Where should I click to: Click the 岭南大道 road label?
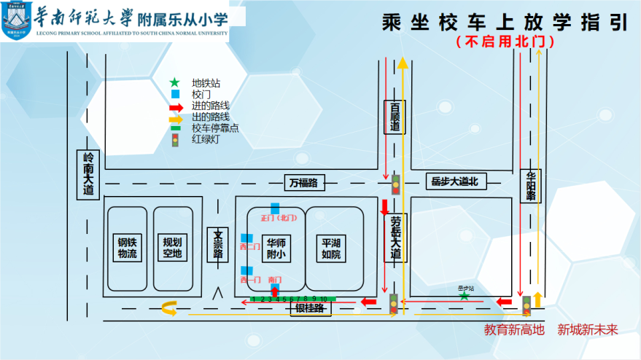(x=88, y=175)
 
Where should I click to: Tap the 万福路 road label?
(x=303, y=182)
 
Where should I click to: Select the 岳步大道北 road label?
(x=454, y=181)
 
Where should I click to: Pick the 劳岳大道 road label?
(x=395, y=238)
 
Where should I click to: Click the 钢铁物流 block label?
(x=128, y=248)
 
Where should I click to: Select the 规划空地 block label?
(x=172, y=248)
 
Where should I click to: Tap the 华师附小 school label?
(x=276, y=249)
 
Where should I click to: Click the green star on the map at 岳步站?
(x=465, y=296)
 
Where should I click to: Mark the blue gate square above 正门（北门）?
(x=275, y=208)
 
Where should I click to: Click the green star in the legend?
(x=175, y=83)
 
